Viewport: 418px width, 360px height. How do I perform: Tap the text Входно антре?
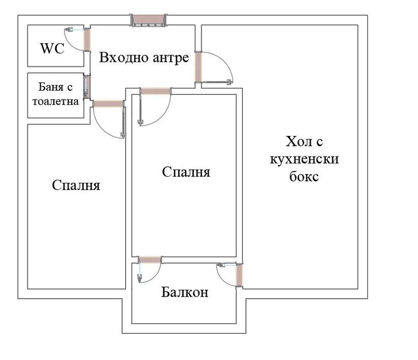(144, 57)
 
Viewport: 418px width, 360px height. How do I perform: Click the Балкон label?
(185, 293)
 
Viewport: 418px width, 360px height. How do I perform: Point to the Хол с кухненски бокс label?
(304, 159)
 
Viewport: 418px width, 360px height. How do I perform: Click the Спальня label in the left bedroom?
(76, 185)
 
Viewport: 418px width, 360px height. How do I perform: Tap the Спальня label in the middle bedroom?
(186, 172)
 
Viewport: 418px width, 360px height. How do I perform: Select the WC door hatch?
(87, 39)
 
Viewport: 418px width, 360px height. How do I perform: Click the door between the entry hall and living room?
(198, 66)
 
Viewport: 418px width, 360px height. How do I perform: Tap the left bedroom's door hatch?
(108, 104)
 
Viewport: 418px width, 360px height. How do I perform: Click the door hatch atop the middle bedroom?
(155, 91)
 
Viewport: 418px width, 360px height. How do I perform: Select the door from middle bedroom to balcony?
(151, 259)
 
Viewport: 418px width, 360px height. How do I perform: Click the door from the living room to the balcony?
(240, 275)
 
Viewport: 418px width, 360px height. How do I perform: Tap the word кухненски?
(304, 159)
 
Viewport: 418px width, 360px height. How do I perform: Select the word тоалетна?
(55, 101)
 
